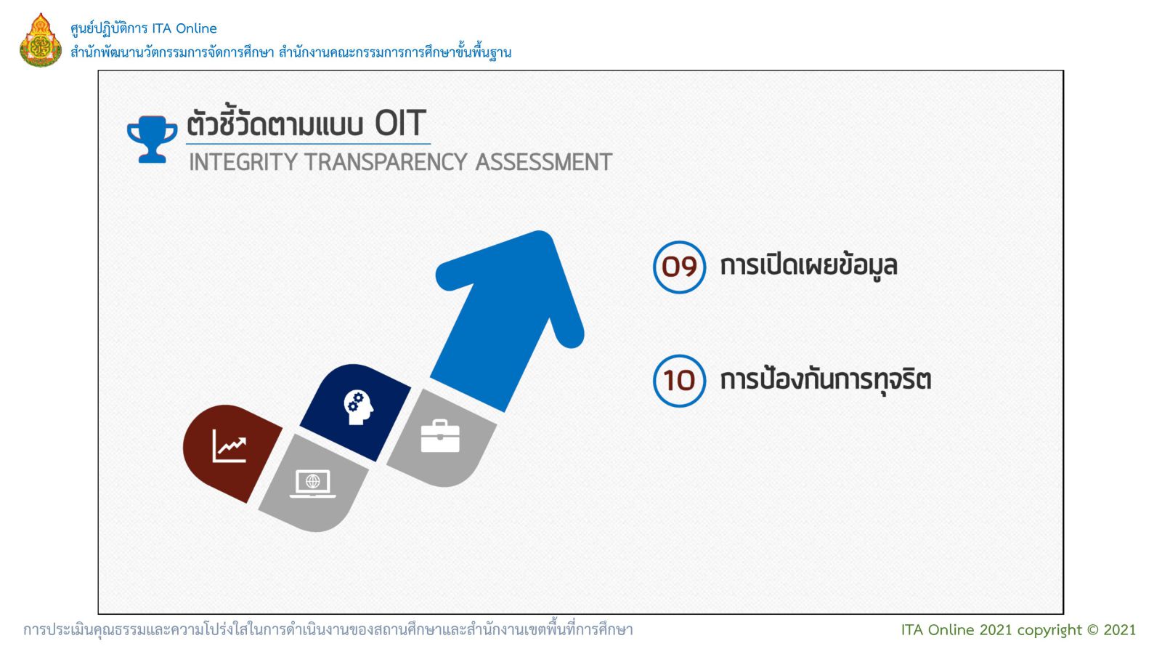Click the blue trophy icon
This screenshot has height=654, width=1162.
152,139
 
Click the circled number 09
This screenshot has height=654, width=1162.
679,267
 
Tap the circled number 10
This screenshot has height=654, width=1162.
679,381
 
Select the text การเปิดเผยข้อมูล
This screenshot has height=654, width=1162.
809,266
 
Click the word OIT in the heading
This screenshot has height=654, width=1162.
400,124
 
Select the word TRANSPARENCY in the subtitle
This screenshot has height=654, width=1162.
386,162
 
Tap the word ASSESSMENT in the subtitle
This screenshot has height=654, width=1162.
544,162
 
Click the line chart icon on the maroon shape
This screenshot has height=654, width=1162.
229,445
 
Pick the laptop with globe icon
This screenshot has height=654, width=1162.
313,484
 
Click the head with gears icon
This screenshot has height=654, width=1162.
358,408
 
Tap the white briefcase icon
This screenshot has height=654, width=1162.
440,436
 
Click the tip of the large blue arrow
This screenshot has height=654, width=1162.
543,232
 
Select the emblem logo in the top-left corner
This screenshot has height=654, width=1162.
41,40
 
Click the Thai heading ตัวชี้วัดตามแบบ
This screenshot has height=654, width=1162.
275,124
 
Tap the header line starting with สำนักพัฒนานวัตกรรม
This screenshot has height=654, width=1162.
291,52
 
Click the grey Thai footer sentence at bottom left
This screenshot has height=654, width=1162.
328,630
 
